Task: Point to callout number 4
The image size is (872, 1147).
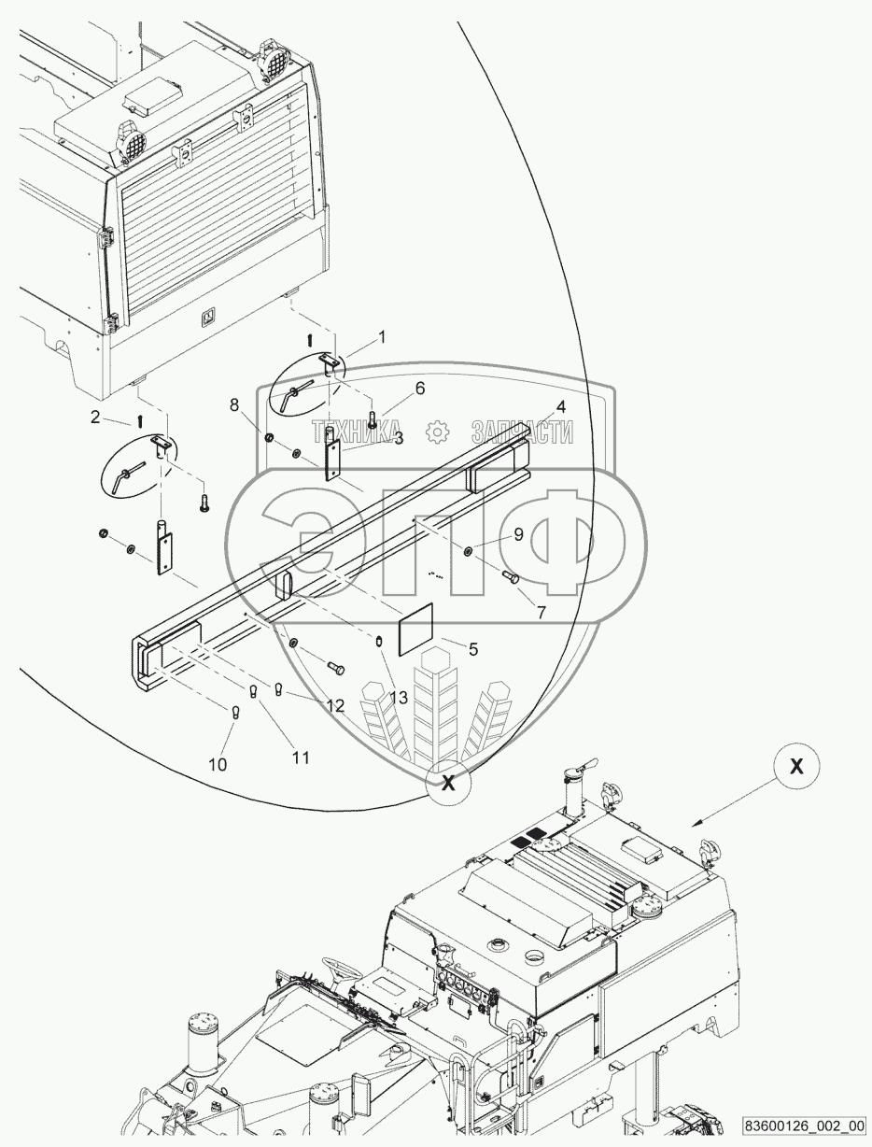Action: [x=561, y=407]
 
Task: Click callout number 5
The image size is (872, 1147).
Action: [x=473, y=648]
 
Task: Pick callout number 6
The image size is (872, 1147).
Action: [x=420, y=389]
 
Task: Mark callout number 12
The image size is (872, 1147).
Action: [x=334, y=706]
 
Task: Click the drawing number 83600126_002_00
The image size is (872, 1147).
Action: [x=805, y=1125]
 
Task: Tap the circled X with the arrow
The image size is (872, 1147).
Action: [x=796, y=766]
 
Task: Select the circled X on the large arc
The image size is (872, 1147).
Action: [x=449, y=783]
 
